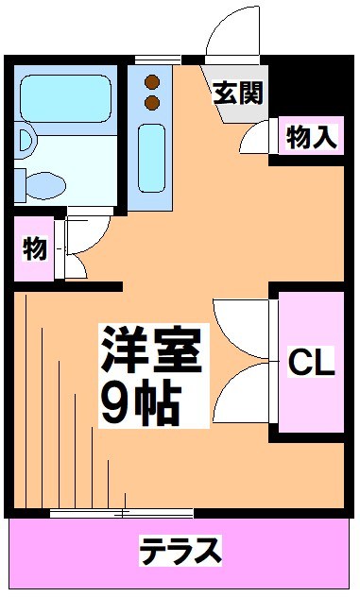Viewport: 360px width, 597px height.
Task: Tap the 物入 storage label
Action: (312, 138)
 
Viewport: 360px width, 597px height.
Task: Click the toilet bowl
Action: (42, 180)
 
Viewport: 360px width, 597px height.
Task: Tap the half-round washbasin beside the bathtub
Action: (25, 142)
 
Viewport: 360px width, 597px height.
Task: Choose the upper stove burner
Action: (151, 79)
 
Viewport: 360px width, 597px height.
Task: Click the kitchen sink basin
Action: (152, 156)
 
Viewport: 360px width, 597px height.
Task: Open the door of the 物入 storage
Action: (255, 140)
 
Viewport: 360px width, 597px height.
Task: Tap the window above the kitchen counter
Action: (156, 60)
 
